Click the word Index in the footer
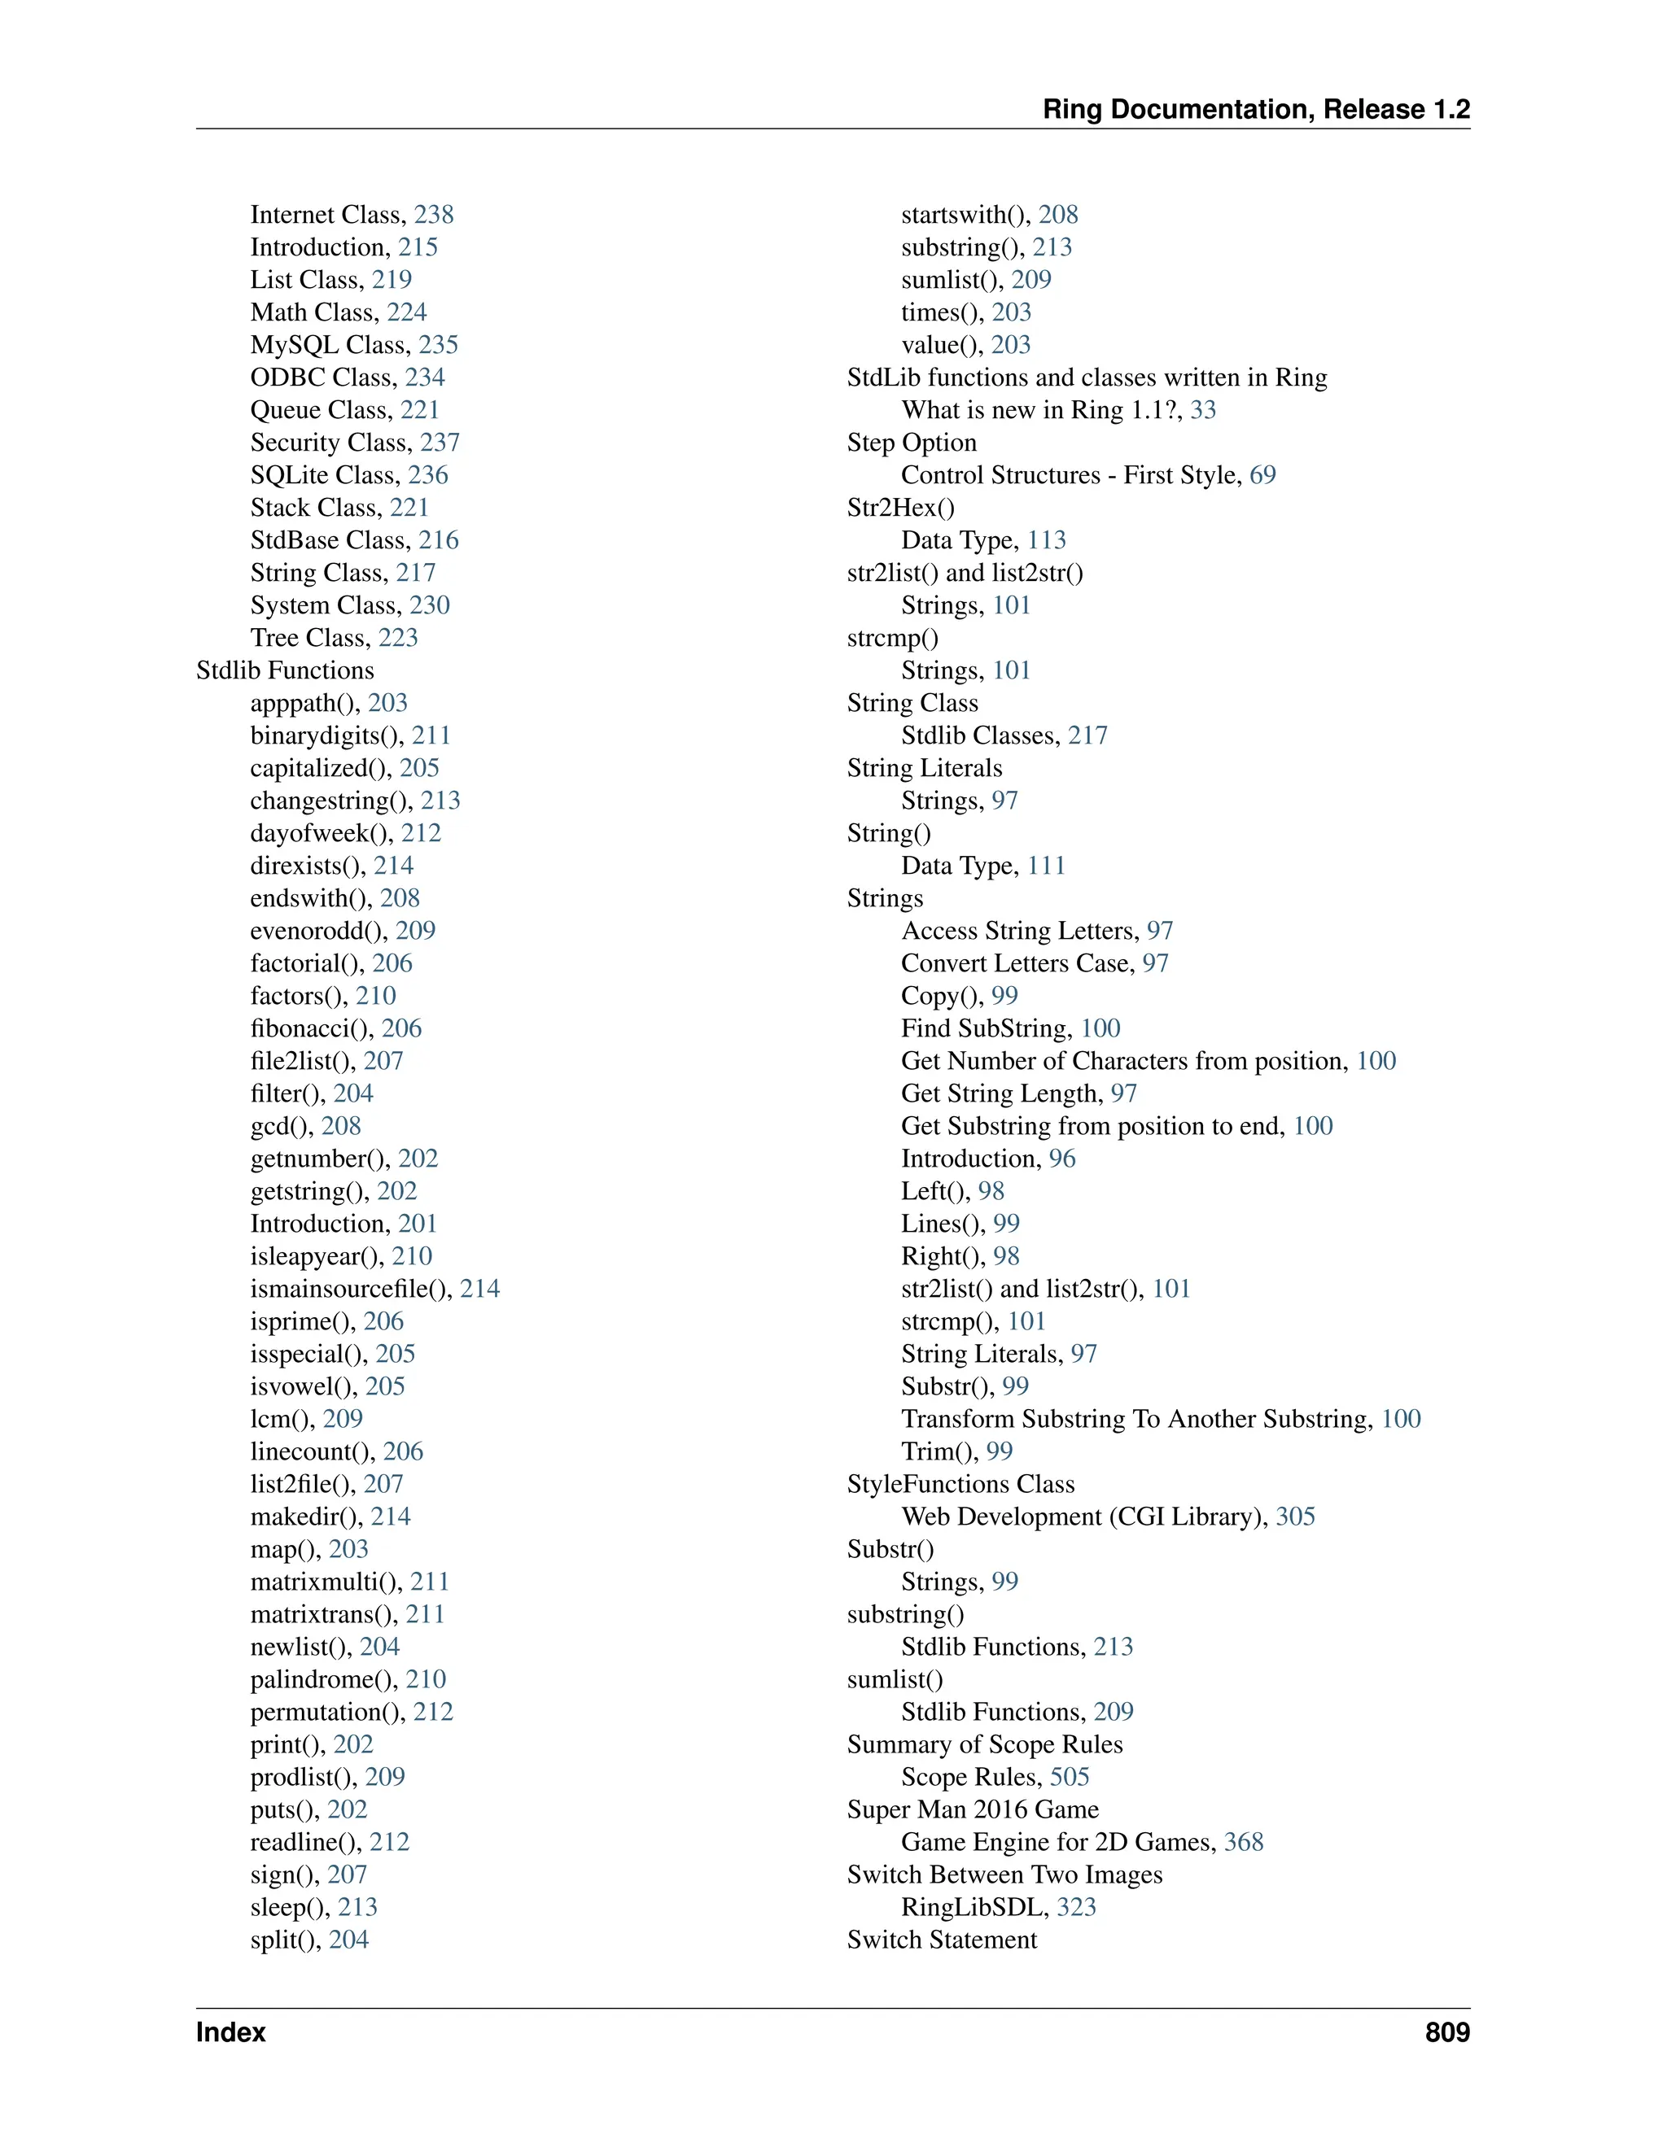click(x=231, y=2032)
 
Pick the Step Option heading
click(x=912, y=443)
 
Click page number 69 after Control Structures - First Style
click(x=1262, y=475)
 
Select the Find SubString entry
click(x=985, y=1028)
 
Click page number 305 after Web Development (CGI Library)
click(x=1295, y=1517)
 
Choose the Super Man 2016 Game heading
click(x=973, y=1809)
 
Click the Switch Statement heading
click(x=942, y=1940)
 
